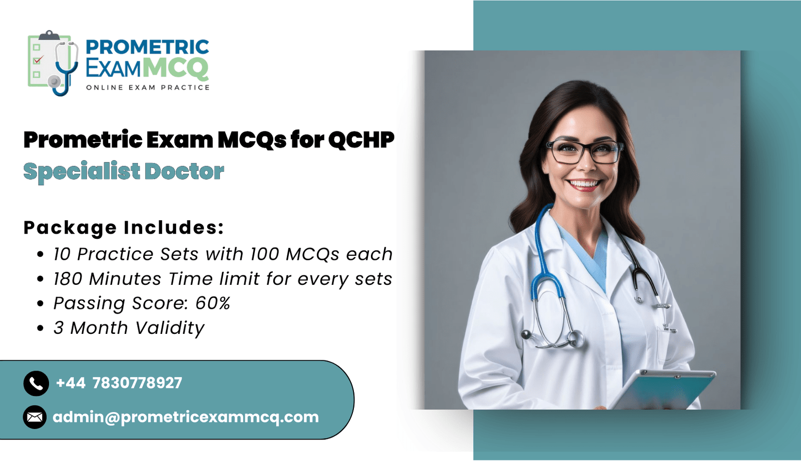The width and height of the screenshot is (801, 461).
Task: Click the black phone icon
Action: (36, 383)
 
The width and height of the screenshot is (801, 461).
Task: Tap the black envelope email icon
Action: (35, 417)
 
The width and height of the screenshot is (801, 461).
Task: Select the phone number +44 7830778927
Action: (119, 383)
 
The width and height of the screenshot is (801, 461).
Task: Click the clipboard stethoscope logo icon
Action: (53, 63)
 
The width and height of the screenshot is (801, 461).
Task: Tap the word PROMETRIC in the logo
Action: (147, 47)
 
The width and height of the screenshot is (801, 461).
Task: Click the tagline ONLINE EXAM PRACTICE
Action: (148, 88)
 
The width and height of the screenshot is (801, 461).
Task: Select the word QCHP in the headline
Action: (361, 140)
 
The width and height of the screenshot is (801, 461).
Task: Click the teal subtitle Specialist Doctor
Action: (124, 172)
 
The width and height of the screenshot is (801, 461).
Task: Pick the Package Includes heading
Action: (124, 228)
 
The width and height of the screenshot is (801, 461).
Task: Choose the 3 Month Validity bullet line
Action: (129, 328)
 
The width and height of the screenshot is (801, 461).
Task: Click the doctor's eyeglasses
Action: (585, 152)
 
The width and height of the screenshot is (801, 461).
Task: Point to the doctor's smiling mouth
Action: (585, 185)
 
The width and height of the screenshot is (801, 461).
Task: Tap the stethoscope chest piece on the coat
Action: (573, 337)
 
